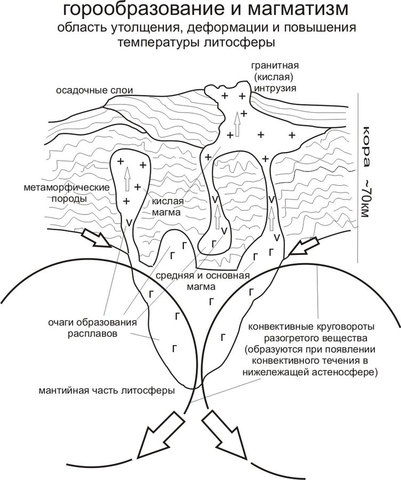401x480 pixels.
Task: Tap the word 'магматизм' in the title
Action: click(298, 9)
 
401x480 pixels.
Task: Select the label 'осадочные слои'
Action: click(94, 91)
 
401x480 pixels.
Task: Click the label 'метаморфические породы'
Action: click(67, 193)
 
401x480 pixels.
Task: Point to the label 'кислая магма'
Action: click(167, 206)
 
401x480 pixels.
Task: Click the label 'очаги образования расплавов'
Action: click(92, 327)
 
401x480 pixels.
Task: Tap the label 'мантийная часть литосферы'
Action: click(107, 391)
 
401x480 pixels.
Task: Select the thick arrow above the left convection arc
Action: click(97, 238)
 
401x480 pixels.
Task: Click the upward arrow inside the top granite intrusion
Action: click(237, 124)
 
